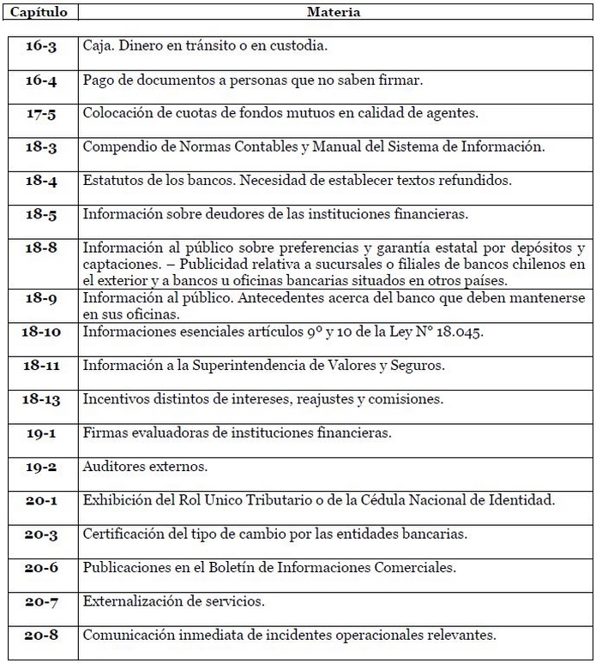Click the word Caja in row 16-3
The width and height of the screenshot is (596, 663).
98,46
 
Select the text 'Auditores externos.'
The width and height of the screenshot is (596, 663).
145,468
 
